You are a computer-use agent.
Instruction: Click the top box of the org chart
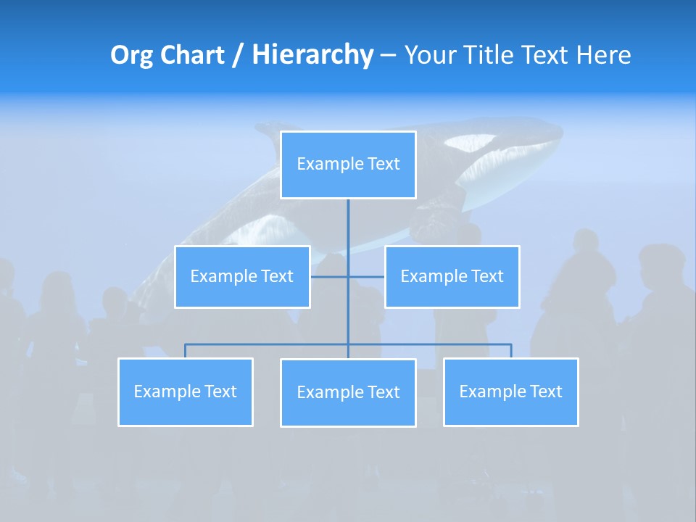point(348,165)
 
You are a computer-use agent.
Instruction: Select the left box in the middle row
point(242,276)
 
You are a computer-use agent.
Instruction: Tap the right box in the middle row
point(452,276)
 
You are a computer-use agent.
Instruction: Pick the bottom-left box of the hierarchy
point(186,391)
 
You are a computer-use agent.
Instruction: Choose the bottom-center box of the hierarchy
point(348,392)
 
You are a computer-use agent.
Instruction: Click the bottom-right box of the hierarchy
point(510,391)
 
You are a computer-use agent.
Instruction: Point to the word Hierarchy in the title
point(312,55)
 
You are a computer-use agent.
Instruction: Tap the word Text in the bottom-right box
point(545,391)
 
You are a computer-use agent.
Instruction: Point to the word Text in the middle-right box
point(486,276)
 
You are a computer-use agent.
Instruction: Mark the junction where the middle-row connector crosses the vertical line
point(348,276)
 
